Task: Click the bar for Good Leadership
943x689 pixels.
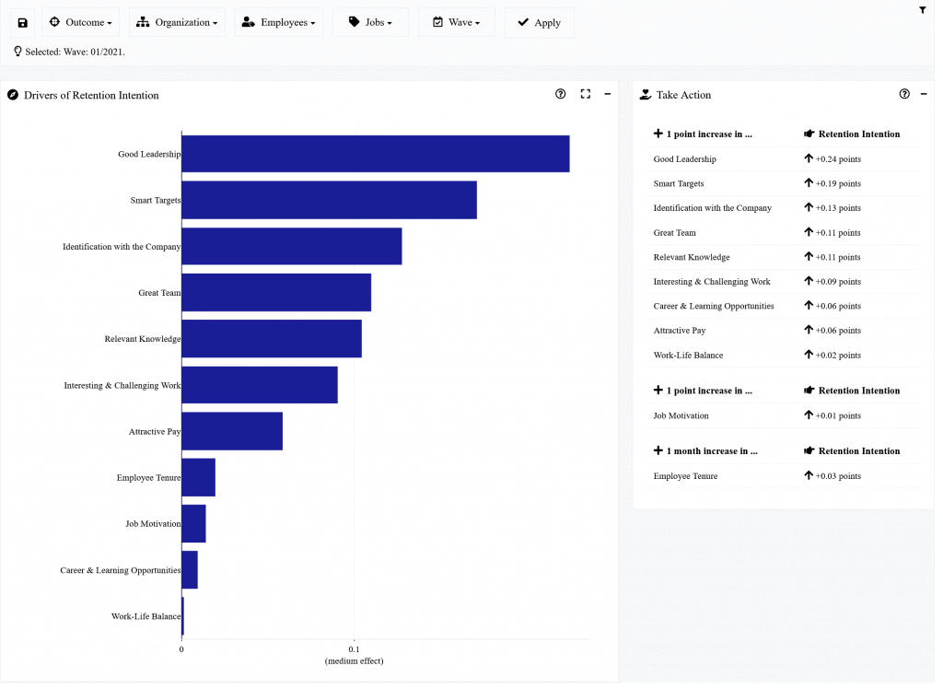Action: [x=375, y=154]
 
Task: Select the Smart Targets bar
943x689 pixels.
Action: [x=329, y=200]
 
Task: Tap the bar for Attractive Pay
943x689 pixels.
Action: [x=232, y=431]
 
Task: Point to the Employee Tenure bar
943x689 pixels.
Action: [x=198, y=478]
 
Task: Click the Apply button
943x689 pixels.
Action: [x=539, y=22]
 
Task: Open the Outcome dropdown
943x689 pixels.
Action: [x=80, y=22]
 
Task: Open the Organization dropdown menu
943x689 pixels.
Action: [x=177, y=22]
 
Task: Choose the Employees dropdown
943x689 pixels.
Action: [x=278, y=22]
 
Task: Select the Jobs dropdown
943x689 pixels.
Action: [x=370, y=22]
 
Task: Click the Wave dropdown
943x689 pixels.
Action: [x=456, y=22]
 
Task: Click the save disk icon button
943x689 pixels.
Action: [x=23, y=22]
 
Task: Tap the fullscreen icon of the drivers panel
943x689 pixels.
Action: [x=585, y=94]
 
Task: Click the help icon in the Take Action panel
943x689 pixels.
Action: [x=904, y=94]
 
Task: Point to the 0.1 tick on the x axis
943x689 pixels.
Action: [x=355, y=648]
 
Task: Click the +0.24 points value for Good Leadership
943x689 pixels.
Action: [x=837, y=159]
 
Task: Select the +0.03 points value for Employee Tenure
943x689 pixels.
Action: [x=837, y=476]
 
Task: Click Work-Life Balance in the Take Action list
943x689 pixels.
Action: [x=688, y=356]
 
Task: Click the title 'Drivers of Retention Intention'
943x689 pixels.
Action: [x=91, y=95]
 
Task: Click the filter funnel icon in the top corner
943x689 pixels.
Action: [x=923, y=10]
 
